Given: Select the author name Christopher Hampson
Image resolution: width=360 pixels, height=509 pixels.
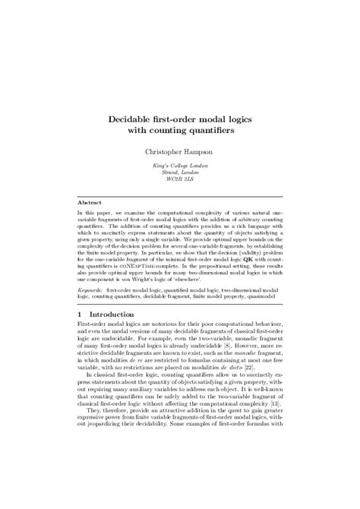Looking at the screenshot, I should point(179,153).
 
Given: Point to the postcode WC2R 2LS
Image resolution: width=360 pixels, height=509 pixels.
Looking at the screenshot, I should point(180,181).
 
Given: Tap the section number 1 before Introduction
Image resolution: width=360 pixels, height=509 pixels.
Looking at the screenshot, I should point(81,314).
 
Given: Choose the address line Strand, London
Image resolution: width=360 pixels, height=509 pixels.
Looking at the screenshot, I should point(180,174).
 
